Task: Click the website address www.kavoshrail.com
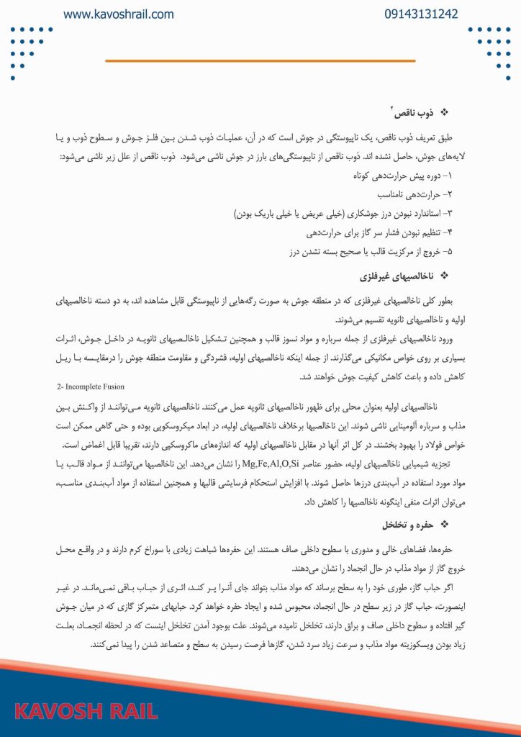click(118, 14)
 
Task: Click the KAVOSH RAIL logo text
click(86, 711)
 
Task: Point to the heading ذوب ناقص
click(409, 112)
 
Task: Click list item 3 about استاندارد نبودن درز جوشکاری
click(343, 214)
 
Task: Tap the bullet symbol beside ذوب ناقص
click(443, 112)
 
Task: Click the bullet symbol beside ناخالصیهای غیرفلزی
click(443, 276)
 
